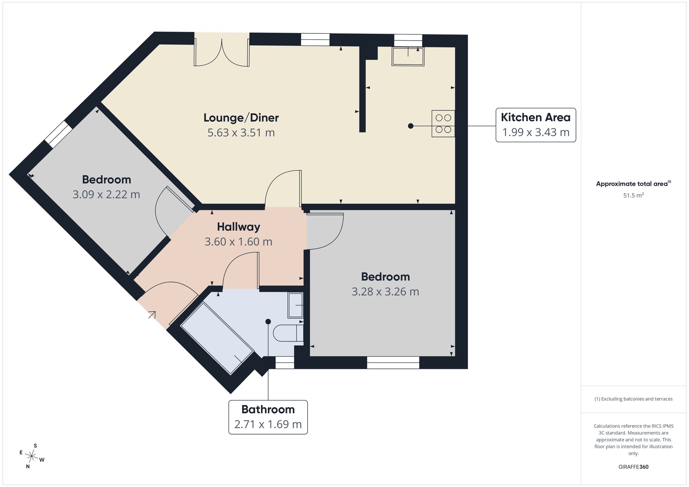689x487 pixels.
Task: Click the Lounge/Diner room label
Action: pyautogui.click(x=241, y=118)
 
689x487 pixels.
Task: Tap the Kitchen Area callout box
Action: pyautogui.click(x=536, y=125)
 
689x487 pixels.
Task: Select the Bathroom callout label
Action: pyautogui.click(x=268, y=417)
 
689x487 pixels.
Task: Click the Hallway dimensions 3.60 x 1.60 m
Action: pyautogui.click(x=238, y=242)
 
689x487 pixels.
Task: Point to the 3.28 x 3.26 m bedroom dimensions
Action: pyautogui.click(x=385, y=292)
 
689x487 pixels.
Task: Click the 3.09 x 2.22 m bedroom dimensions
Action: pyautogui.click(x=106, y=194)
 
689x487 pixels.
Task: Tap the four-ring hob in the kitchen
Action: pyautogui.click(x=443, y=124)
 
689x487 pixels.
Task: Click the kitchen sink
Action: pyautogui.click(x=408, y=56)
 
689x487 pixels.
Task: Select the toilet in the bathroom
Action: pyautogui.click(x=288, y=333)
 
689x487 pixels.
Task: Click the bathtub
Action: pyautogui.click(x=217, y=338)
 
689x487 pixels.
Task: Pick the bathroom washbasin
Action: pyautogui.click(x=295, y=305)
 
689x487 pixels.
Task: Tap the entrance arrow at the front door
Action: pyautogui.click(x=152, y=315)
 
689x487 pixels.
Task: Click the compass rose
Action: pyautogui.click(x=32, y=456)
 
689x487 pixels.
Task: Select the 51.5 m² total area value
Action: pyautogui.click(x=634, y=195)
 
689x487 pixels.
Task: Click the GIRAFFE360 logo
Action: pyautogui.click(x=634, y=467)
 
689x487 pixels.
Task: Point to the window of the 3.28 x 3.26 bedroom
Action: pyautogui.click(x=393, y=363)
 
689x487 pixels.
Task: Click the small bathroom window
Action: pyautogui.click(x=285, y=363)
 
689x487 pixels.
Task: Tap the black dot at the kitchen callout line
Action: pyautogui.click(x=411, y=126)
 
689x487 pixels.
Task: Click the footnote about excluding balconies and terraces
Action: pyautogui.click(x=634, y=399)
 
